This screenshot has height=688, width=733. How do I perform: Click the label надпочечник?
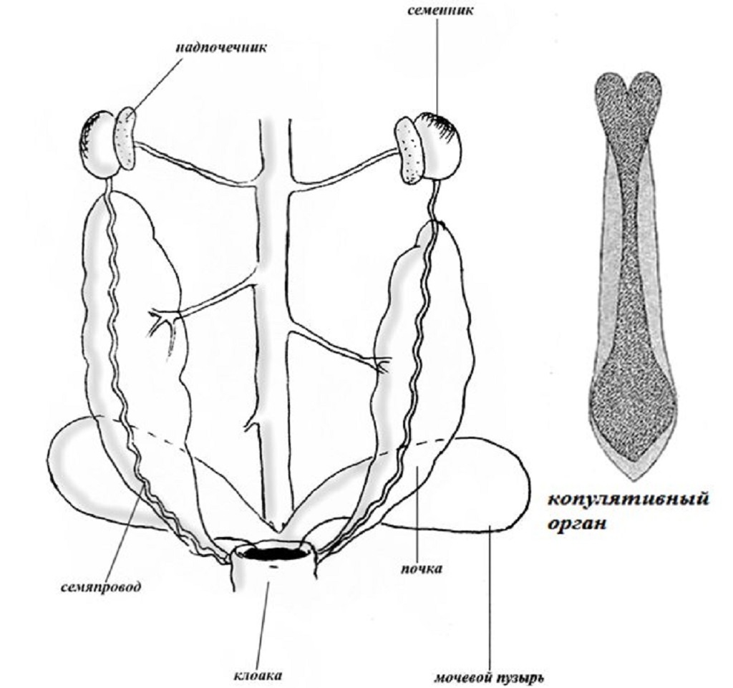pyautogui.click(x=221, y=48)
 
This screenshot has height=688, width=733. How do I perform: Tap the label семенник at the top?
pyautogui.click(x=440, y=10)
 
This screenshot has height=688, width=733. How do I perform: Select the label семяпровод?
pyautogui.click(x=100, y=587)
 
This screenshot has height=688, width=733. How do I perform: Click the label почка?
pyautogui.click(x=421, y=569)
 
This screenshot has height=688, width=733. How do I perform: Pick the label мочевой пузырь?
pyautogui.click(x=489, y=677)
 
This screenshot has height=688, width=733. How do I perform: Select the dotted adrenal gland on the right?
pyautogui.click(x=409, y=150)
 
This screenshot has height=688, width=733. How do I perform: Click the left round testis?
pyautogui.click(x=99, y=143)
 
